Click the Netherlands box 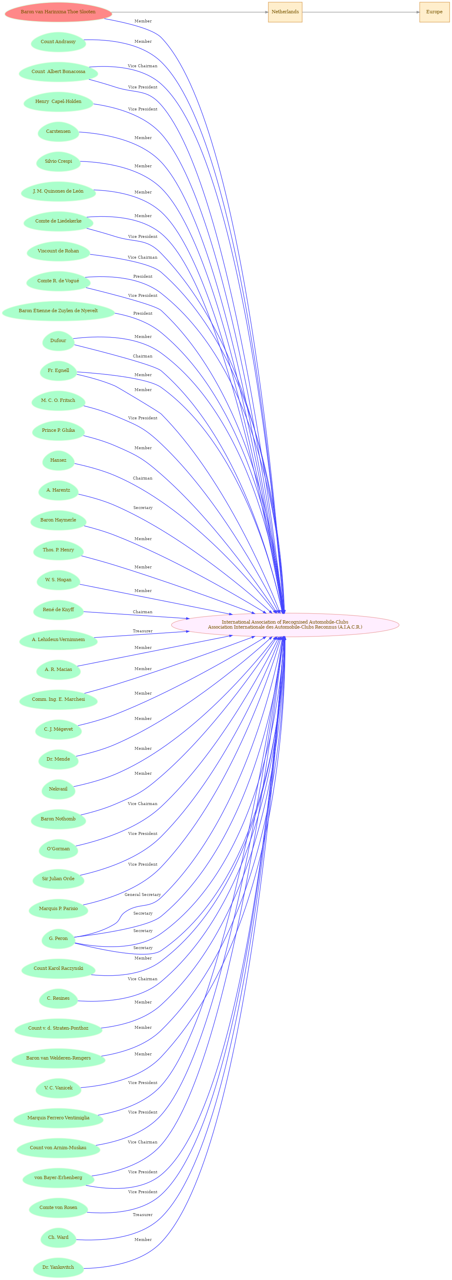pos(285,12)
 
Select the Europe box pos(434,12)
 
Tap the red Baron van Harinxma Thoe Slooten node pos(58,12)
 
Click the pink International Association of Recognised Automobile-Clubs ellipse pos(285,624)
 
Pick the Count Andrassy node pos(58,42)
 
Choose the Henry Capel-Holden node pos(58,102)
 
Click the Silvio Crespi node pos(58,162)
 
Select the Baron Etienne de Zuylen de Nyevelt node pos(58,311)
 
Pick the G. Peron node pos(58,939)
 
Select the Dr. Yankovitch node pos(58,1268)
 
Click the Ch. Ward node pos(58,1238)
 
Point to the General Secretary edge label pos(143,895)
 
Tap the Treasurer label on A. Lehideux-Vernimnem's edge pos(143,631)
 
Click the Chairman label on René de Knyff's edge pos(143,612)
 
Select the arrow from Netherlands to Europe pos(361,12)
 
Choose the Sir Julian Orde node pos(58,879)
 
